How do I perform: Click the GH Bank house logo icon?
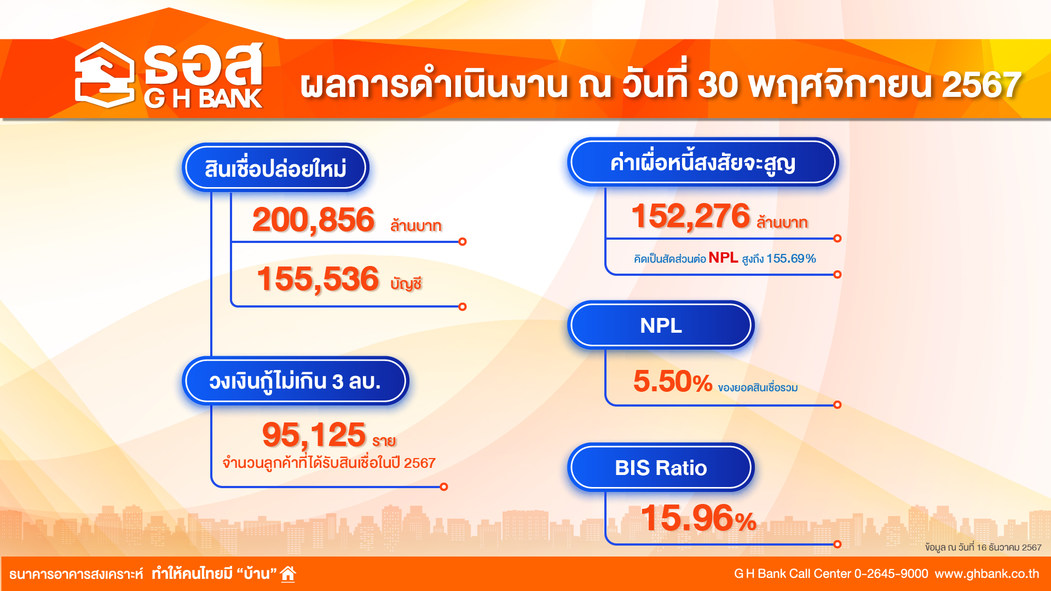(x=105, y=75)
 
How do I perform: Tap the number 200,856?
(x=313, y=220)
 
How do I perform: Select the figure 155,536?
(x=317, y=279)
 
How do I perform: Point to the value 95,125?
(x=314, y=435)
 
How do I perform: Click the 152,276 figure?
(x=690, y=216)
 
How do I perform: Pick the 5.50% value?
(x=672, y=381)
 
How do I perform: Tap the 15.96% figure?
(x=698, y=518)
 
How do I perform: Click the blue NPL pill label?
(x=661, y=326)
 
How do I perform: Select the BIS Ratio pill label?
(x=661, y=468)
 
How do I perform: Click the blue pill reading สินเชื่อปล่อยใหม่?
(x=275, y=168)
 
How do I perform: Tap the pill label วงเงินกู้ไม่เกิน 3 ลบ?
(x=295, y=381)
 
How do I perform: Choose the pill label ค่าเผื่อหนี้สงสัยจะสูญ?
(x=703, y=163)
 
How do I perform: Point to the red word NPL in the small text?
(x=723, y=258)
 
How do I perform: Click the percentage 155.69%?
(x=791, y=258)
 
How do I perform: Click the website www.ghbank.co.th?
(x=987, y=574)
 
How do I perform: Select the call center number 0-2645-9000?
(x=891, y=574)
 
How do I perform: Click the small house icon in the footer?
(x=288, y=573)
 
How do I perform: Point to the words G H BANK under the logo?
(x=203, y=99)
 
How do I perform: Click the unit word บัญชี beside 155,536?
(x=406, y=283)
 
